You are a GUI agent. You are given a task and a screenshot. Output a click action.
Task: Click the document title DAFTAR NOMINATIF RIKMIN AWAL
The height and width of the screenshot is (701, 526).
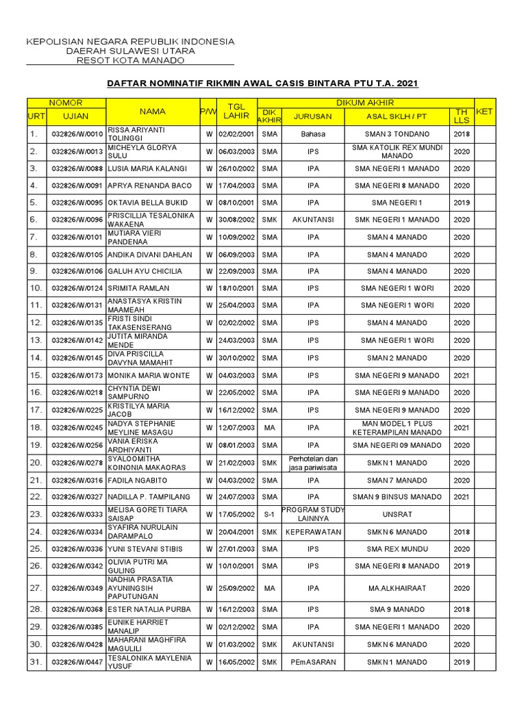click(262, 84)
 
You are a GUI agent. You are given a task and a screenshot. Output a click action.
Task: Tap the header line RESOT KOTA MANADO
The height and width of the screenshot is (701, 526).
click(130, 61)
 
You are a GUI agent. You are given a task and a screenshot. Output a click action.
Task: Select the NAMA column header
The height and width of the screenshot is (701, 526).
click(153, 111)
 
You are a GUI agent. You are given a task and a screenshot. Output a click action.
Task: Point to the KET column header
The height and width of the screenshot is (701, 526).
click(484, 111)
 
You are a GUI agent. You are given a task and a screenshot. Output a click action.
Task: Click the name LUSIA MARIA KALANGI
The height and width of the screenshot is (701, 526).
click(148, 168)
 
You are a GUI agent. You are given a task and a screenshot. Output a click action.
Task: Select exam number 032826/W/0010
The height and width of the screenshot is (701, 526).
click(77, 134)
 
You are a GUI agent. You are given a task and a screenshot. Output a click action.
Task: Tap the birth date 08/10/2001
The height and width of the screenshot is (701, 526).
click(236, 203)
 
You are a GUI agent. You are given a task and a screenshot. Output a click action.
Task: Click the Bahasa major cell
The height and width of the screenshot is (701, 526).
click(313, 134)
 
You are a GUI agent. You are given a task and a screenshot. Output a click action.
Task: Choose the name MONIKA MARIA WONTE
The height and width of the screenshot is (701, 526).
click(149, 375)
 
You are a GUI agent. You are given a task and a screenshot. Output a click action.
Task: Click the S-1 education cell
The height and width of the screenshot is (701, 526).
click(270, 513)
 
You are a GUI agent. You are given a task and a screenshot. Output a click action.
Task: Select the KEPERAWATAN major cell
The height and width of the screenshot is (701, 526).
click(313, 531)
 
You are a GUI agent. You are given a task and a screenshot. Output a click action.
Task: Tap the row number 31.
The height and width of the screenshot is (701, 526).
click(36, 662)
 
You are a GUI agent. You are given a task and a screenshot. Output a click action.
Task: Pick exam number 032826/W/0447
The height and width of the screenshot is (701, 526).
click(77, 662)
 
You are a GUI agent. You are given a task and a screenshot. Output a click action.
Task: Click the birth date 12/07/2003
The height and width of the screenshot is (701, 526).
click(236, 427)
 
